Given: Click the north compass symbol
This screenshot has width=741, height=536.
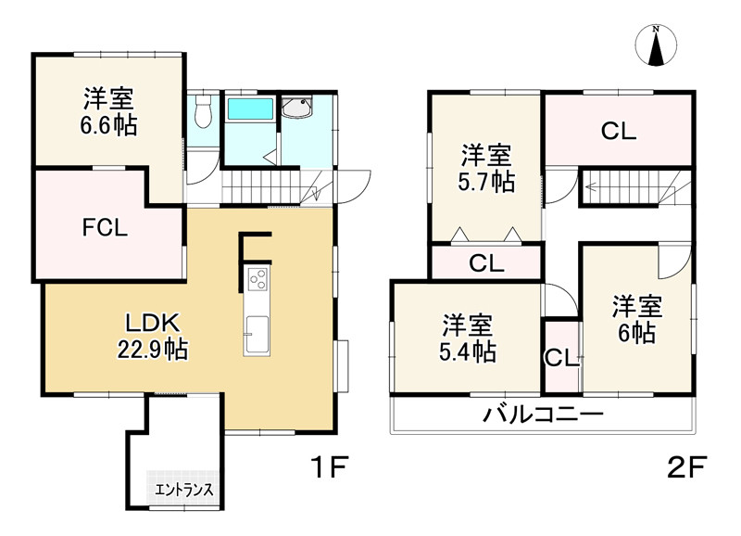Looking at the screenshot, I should coord(656,46).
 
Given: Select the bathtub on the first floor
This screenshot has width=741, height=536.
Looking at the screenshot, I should coord(250,110).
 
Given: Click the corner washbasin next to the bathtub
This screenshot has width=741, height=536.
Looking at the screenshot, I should coord(298,109).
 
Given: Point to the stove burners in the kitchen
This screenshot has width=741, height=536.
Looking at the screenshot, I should coord(256,276).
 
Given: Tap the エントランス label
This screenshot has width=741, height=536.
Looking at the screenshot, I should coord(184,490).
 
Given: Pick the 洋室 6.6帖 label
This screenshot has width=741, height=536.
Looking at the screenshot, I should coord(109,112).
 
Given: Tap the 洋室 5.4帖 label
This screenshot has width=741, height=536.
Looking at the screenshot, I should coord(467,338).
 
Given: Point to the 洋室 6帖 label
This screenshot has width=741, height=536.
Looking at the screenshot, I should coord(636,319).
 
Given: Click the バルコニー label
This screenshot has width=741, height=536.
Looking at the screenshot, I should coord(542,415).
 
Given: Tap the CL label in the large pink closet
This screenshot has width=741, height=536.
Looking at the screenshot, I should coord(618,132).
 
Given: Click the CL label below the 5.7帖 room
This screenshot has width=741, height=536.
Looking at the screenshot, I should coord(485,263).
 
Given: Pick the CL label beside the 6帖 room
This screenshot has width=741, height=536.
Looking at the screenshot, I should coord(560,358).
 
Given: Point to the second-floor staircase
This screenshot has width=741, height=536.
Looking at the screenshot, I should coord(630,190).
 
